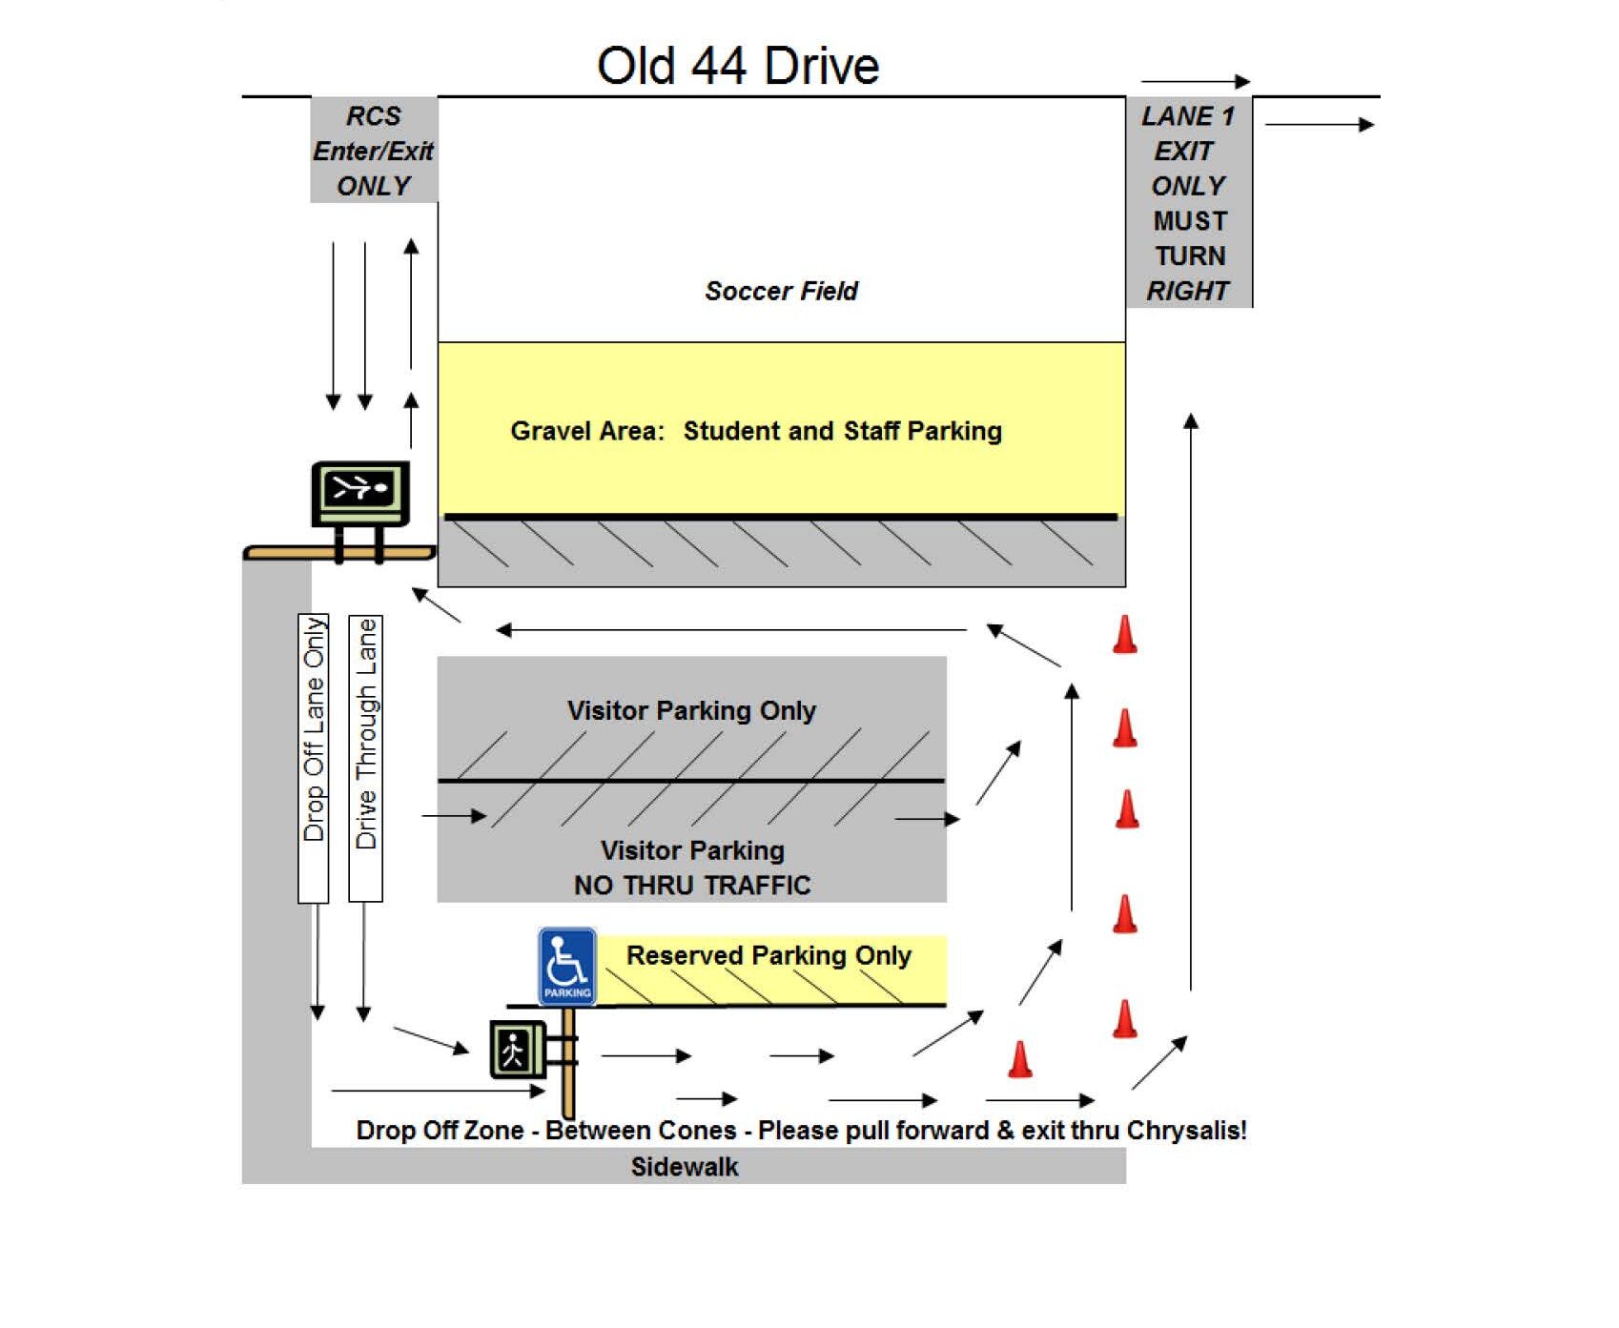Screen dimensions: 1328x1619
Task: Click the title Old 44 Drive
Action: [x=737, y=66]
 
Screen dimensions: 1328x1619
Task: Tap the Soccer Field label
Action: [x=781, y=291]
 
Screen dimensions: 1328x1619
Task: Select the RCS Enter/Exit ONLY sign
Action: [x=374, y=151]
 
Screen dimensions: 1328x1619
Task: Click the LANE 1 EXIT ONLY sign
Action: [x=1188, y=202]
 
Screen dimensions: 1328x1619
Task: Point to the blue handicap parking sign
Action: [x=567, y=966]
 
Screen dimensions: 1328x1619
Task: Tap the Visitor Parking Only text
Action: [x=691, y=710]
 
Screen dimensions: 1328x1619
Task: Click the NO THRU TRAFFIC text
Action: [x=692, y=885]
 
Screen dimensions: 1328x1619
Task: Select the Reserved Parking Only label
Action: [x=769, y=955]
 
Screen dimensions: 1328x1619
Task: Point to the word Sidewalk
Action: [x=685, y=1167]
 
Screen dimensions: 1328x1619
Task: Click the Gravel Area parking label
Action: [x=756, y=431]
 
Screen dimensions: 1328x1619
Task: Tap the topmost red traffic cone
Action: [x=1125, y=635]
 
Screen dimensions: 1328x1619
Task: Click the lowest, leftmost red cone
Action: [x=1020, y=1059]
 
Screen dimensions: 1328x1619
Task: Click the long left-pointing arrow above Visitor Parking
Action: [x=731, y=630]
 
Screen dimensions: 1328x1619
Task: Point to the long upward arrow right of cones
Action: [x=1190, y=702]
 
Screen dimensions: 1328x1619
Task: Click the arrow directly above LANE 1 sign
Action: [x=1195, y=82]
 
